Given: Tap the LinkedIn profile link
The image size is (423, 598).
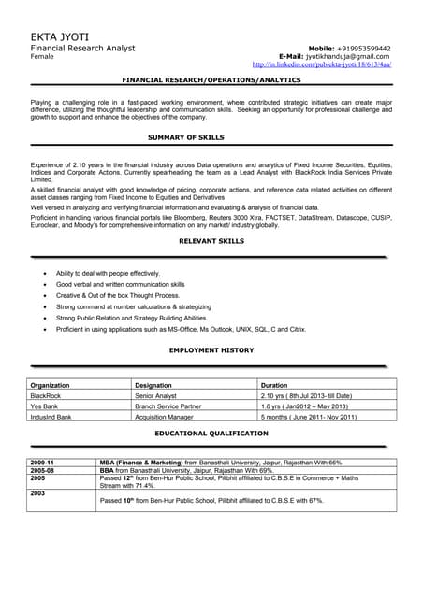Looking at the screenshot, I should point(322,64).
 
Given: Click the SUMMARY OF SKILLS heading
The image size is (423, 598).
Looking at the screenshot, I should point(186,137).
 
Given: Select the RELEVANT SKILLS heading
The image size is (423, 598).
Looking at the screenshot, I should point(211,241).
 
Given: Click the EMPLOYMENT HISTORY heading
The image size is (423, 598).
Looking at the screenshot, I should point(211,349).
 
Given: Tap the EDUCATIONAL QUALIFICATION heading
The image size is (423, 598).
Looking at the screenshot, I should point(211,434).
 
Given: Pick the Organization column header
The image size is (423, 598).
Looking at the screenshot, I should point(51,385).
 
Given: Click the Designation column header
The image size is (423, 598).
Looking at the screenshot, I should point(153,385).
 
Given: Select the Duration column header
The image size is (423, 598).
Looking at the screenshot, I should point(274,385).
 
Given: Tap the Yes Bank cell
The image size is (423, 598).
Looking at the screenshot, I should point(45,406).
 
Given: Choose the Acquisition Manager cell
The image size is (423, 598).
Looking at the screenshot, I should point(164,417).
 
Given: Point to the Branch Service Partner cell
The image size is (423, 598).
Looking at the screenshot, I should point(168,406).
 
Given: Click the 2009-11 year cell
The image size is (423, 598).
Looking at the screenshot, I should point(42,463).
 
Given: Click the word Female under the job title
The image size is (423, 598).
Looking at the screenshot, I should point(42,56).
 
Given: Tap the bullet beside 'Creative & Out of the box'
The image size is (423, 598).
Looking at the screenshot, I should point(46,295).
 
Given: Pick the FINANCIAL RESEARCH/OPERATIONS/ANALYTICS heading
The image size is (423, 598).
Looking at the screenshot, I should point(211,81).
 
